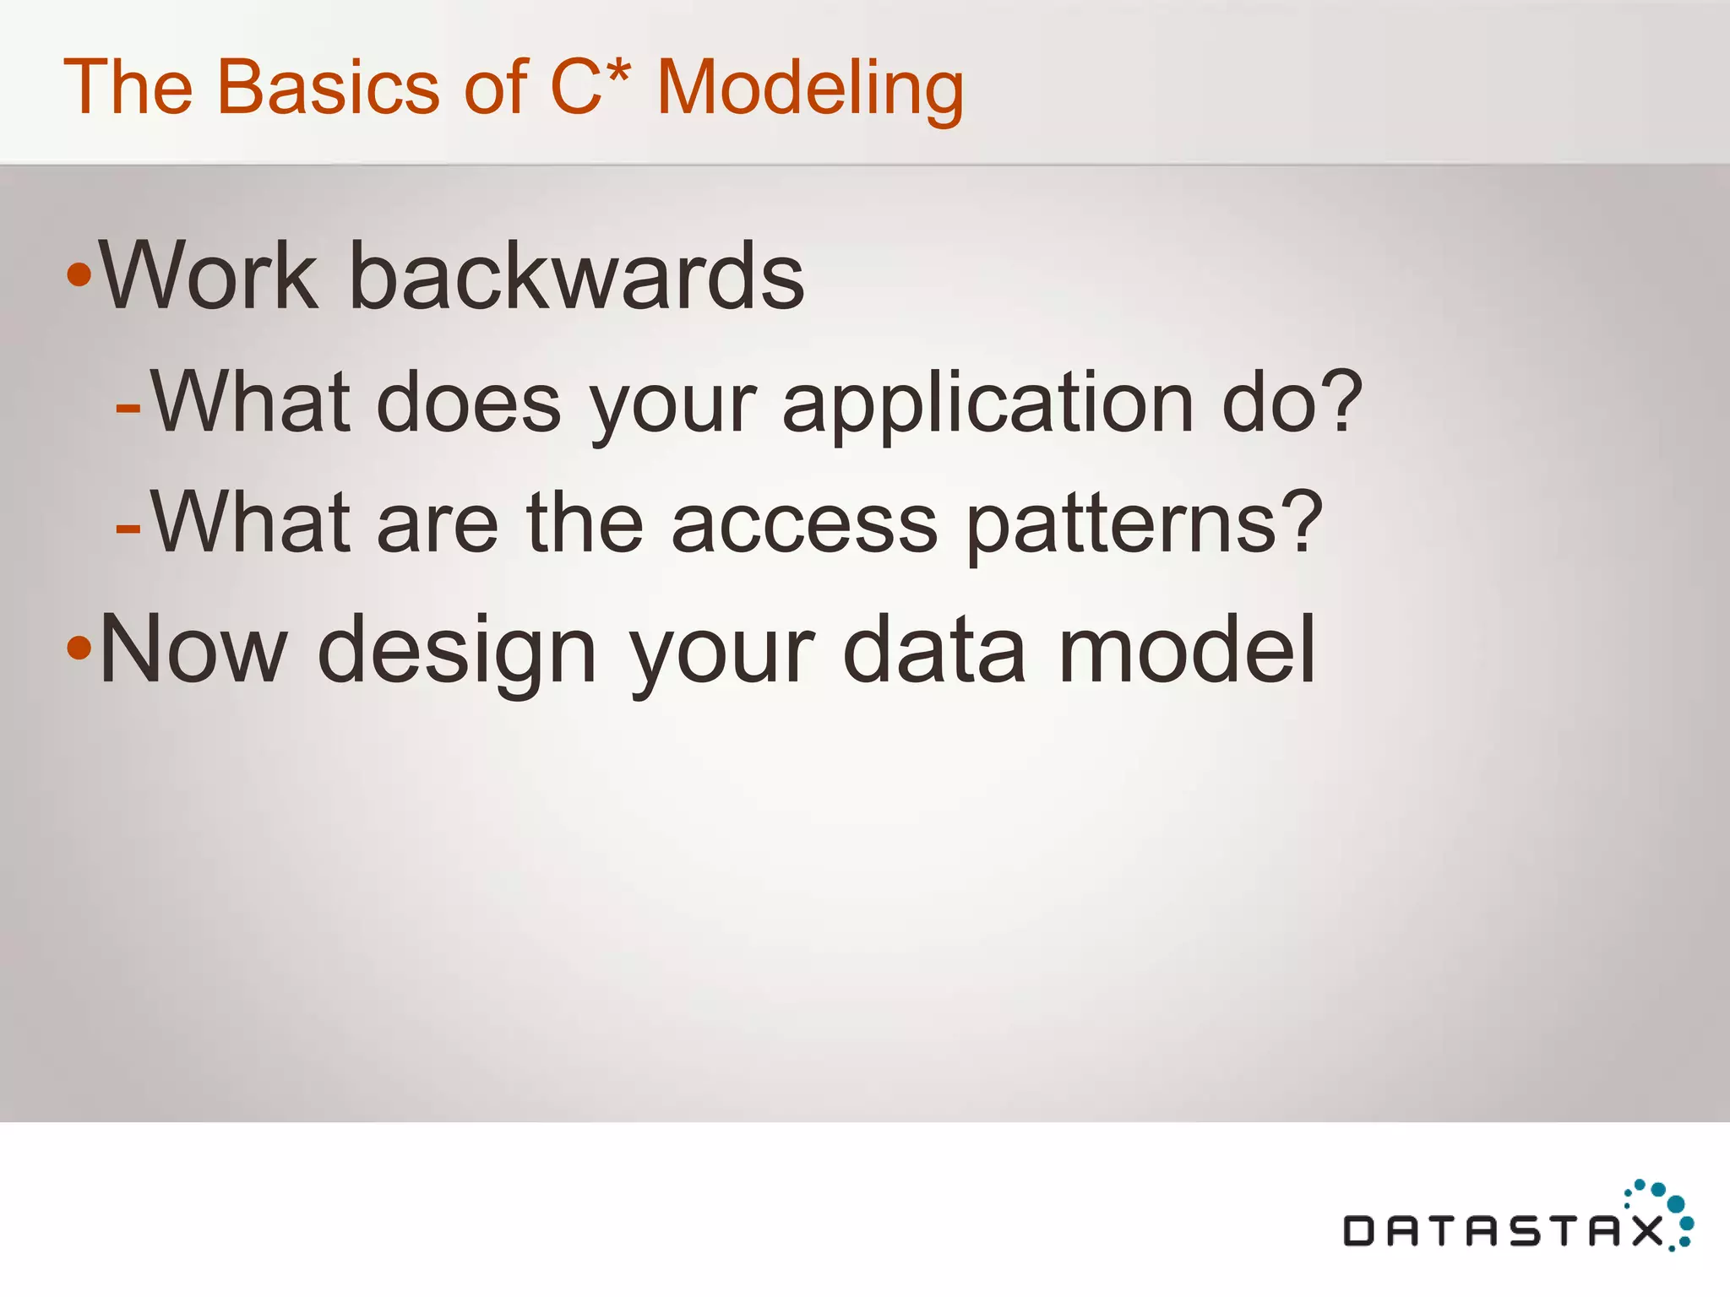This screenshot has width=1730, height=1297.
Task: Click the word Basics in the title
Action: point(328,87)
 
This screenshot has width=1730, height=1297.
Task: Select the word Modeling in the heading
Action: point(809,89)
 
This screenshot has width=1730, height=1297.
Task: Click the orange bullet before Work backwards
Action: point(79,274)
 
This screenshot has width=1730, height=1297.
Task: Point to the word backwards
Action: point(576,276)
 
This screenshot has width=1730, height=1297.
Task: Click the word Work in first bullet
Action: point(208,276)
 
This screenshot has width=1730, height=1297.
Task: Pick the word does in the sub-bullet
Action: point(469,404)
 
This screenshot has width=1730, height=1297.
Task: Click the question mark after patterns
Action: point(1297,521)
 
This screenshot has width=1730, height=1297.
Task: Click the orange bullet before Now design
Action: point(79,648)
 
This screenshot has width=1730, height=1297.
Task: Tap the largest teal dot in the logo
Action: point(1676,1203)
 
